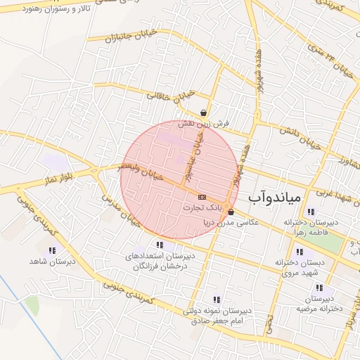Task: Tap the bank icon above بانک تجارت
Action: [202, 197]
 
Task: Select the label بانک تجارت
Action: [202, 208]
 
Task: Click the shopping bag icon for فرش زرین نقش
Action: [203, 112]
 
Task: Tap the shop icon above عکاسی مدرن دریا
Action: [231, 211]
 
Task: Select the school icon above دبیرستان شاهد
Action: [52, 250]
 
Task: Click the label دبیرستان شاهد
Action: [52, 262]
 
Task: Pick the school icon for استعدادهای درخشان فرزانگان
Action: [160, 245]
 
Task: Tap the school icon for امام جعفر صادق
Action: [216, 300]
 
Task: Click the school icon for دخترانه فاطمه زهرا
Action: [311, 212]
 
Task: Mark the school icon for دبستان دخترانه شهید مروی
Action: [300, 251]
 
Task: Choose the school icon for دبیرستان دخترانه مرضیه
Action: [320, 288]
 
